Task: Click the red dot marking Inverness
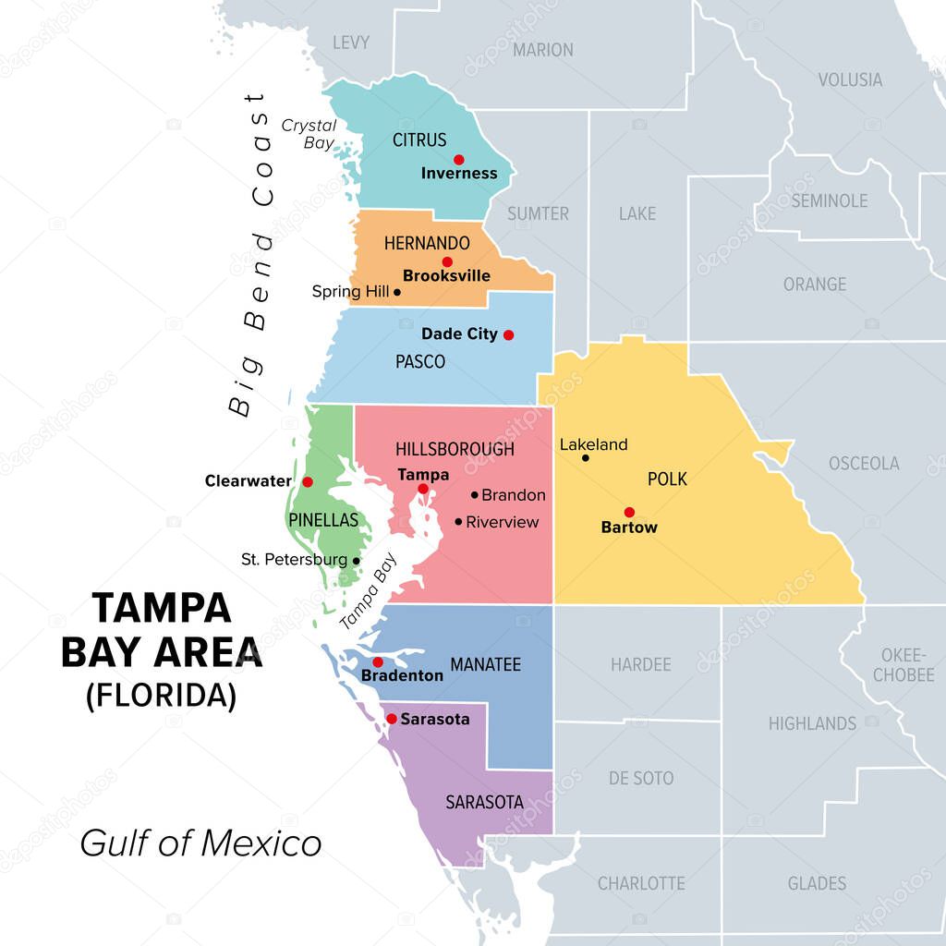tap(458, 159)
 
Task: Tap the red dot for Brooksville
tap(447, 262)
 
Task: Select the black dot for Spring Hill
tap(397, 292)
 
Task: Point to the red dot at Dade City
tap(508, 334)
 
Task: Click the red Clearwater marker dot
tap(308, 481)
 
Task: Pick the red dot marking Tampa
tap(422, 489)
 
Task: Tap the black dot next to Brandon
tap(475, 495)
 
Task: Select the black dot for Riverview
tap(458, 522)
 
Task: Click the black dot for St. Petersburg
tap(356, 560)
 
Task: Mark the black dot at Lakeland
tap(585, 457)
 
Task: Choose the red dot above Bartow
tap(629, 512)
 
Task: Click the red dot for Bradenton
tap(377, 661)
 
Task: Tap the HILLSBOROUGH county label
tap(455, 450)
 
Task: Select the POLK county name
tap(667, 479)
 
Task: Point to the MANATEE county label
tap(485, 664)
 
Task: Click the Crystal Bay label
tap(308, 134)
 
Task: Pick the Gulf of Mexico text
tap(200, 843)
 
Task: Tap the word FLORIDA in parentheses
tap(162, 695)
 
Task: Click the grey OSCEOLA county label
tap(863, 463)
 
